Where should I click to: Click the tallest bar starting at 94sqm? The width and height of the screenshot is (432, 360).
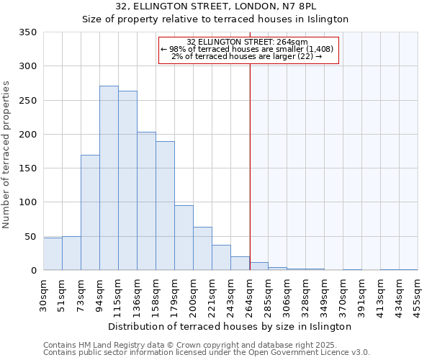[x=109, y=178]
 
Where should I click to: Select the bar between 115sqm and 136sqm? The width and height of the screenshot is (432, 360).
[x=127, y=181]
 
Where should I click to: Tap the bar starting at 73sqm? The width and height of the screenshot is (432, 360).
[x=90, y=212]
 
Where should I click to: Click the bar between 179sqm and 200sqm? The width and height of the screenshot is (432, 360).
[x=184, y=238]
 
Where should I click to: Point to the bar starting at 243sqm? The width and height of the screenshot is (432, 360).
[x=240, y=264]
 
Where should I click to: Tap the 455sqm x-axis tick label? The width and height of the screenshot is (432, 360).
[x=419, y=295]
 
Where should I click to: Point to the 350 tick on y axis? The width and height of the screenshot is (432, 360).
[x=27, y=32]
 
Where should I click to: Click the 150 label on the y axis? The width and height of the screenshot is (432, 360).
[x=27, y=168]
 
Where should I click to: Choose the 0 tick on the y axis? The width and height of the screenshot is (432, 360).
[x=33, y=271]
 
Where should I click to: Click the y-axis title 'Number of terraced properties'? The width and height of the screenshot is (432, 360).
[x=7, y=155]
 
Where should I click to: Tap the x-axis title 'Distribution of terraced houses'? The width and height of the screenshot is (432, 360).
[x=230, y=326]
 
